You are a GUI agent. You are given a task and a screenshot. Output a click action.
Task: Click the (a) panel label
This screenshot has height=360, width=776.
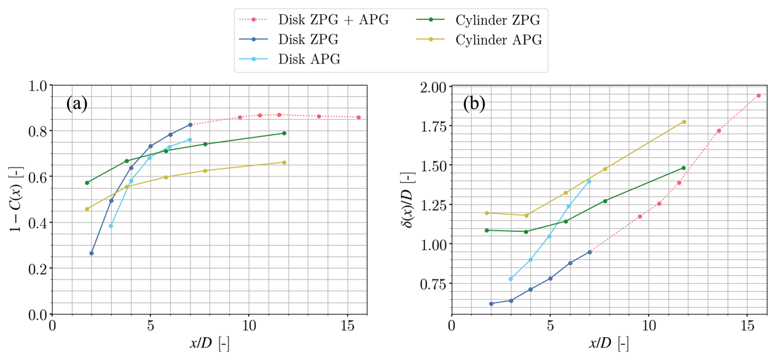click(x=77, y=104)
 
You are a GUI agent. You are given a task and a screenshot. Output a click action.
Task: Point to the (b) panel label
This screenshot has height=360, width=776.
click(x=474, y=104)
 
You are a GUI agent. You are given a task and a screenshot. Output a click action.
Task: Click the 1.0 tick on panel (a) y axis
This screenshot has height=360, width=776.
click(x=38, y=86)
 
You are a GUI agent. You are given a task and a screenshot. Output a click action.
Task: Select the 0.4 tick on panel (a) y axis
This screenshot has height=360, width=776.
click(x=38, y=223)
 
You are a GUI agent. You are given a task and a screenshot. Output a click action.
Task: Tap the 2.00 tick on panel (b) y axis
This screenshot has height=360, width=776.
click(x=433, y=88)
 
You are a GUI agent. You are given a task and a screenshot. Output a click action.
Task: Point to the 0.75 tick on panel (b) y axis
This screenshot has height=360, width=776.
click(x=433, y=284)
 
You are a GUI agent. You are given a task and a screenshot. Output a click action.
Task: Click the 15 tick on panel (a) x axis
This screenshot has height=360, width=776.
click(x=347, y=326)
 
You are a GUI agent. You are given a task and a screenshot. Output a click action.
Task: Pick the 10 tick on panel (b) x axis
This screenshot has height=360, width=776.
click(x=648, y=326)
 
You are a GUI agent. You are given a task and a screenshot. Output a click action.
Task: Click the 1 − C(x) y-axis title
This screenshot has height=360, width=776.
click(x=16, y=199)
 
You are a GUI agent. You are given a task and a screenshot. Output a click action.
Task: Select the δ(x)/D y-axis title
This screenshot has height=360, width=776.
click(x=409, y=199)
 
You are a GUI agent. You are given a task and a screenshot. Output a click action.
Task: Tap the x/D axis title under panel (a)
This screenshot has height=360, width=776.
click(x=209, y=343)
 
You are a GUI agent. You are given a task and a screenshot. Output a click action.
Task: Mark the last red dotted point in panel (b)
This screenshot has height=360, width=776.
click(x=758, y=96)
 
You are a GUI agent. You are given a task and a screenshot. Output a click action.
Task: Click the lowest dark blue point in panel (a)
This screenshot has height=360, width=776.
click(x=91, y=253)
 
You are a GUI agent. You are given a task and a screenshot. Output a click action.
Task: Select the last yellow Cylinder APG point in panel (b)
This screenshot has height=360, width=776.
click(x=684, y=122)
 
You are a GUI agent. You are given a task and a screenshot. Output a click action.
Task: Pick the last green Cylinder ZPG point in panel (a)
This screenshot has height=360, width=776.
click(x=284, y=133)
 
